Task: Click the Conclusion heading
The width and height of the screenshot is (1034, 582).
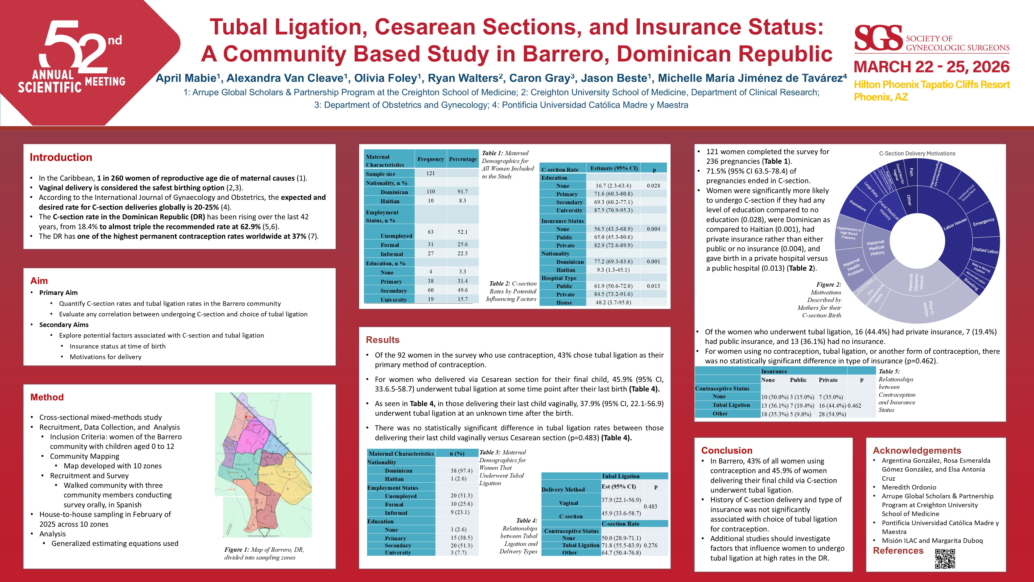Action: [x=727, y=450]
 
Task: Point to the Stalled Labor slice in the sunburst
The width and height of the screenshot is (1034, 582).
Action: [x=985, y=250]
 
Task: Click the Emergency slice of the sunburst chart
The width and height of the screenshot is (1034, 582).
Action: [x=983, y=222]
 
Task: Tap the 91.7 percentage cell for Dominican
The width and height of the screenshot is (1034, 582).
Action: [x=462, y=192]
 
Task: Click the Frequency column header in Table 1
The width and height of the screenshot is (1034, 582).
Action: [x=430, y=159]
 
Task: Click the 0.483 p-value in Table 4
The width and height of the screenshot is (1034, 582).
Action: [x=650, y=506]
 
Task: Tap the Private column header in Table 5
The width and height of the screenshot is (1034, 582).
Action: [x=828, y=380]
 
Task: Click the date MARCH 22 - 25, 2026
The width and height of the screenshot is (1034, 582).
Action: [x=931, y=67]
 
